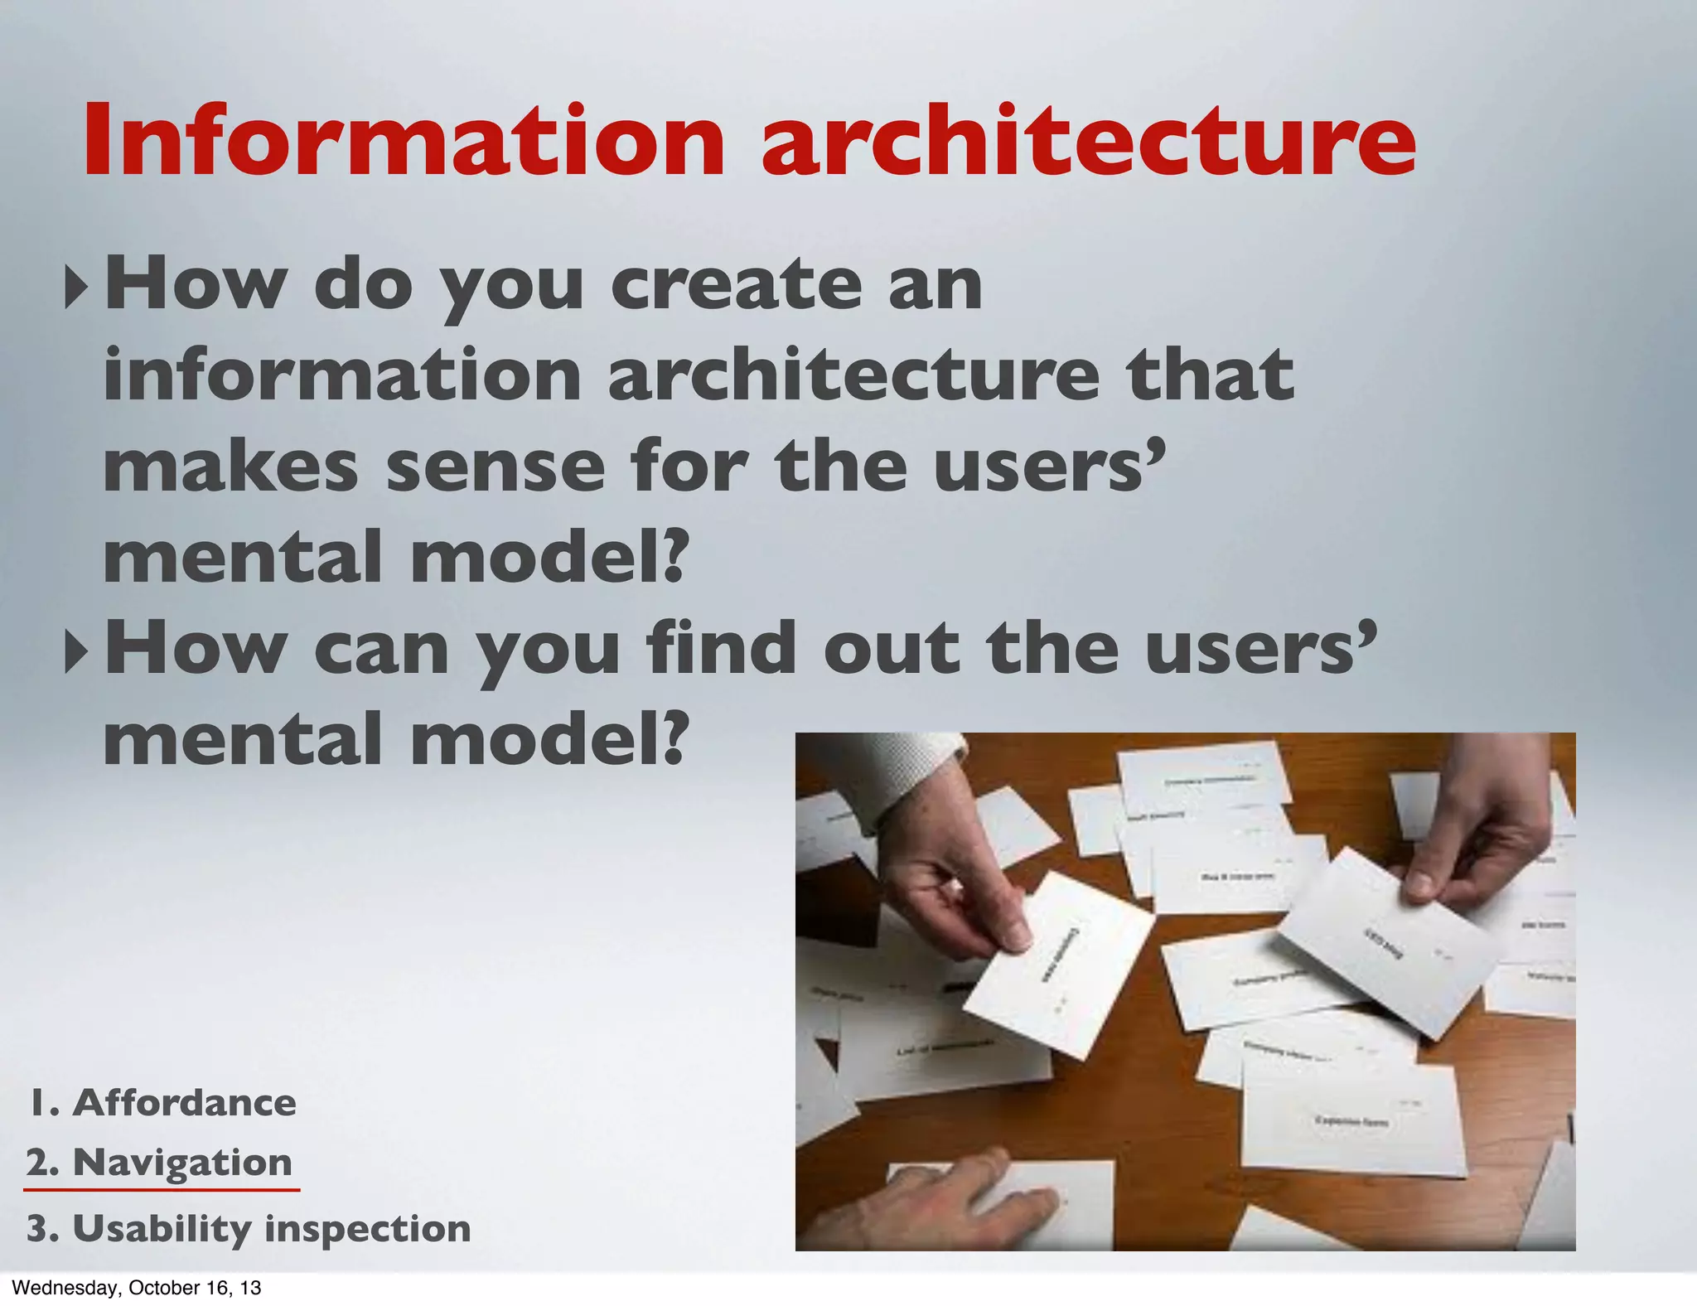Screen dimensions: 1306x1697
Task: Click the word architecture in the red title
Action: point(1087,141)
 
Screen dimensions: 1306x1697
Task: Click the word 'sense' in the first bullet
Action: point(495,467)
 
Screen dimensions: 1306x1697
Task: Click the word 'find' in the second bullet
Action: point(718,649)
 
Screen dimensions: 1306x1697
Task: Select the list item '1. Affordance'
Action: point(162,1103)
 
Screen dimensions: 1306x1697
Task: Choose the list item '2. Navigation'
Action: point(159,1163)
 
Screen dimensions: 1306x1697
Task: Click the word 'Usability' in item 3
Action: point(162,1229)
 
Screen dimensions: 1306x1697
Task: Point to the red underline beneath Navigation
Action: point(162,1189)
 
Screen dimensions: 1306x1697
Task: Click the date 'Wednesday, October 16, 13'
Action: point(137,1288)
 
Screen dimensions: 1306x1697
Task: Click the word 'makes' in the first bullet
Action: point(230,467)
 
